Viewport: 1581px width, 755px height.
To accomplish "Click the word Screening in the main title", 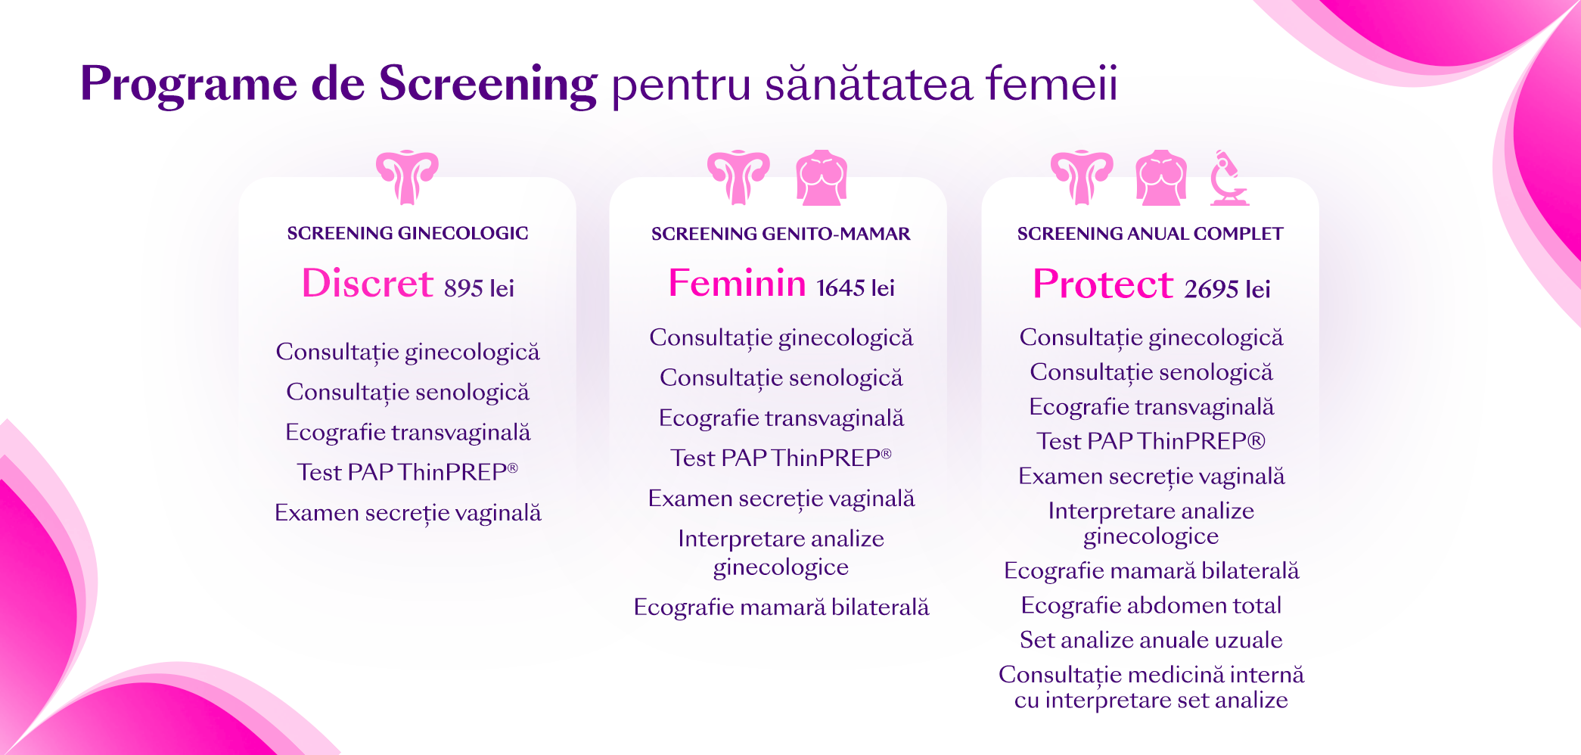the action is coord(488,85).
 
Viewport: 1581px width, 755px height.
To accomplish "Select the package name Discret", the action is coord(368,284).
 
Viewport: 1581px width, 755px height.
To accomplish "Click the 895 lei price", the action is coord(479,288).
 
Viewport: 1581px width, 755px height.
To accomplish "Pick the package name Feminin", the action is coord(738,284).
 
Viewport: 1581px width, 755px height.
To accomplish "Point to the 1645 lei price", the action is coord(856,288).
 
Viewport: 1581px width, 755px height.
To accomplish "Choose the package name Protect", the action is coord(1103,284).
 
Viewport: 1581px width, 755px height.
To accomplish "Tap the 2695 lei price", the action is coord(1227,289).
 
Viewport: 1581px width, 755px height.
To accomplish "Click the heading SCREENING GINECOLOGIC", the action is coord(408,233).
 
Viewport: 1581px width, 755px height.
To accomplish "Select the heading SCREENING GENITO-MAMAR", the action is coord(781,234).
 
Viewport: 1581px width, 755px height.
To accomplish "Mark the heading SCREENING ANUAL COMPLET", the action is coord(1150,234).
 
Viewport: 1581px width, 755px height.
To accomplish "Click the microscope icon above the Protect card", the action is coord(1228,179).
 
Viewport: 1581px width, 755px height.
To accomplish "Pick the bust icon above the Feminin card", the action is coord(822,178).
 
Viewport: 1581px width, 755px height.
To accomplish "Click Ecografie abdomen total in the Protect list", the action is coord(1151,606).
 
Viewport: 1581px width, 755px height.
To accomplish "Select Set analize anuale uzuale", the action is coord(1151,641).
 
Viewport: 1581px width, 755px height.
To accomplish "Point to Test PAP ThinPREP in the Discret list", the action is coord(408,472).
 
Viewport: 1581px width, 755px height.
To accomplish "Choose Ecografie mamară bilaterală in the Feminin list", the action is coord(781,607).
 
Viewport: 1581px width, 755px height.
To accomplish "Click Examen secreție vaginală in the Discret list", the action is coord(408,513).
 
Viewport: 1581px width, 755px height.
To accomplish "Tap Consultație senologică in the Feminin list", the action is coord(781,377).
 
